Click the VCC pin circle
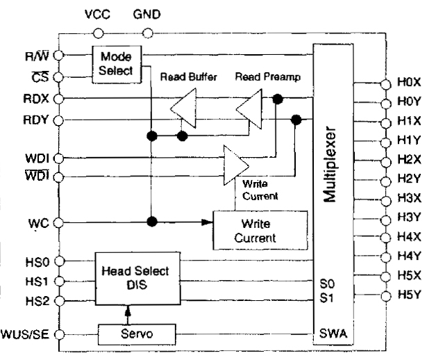point(97,32)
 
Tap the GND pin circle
point(146,32)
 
